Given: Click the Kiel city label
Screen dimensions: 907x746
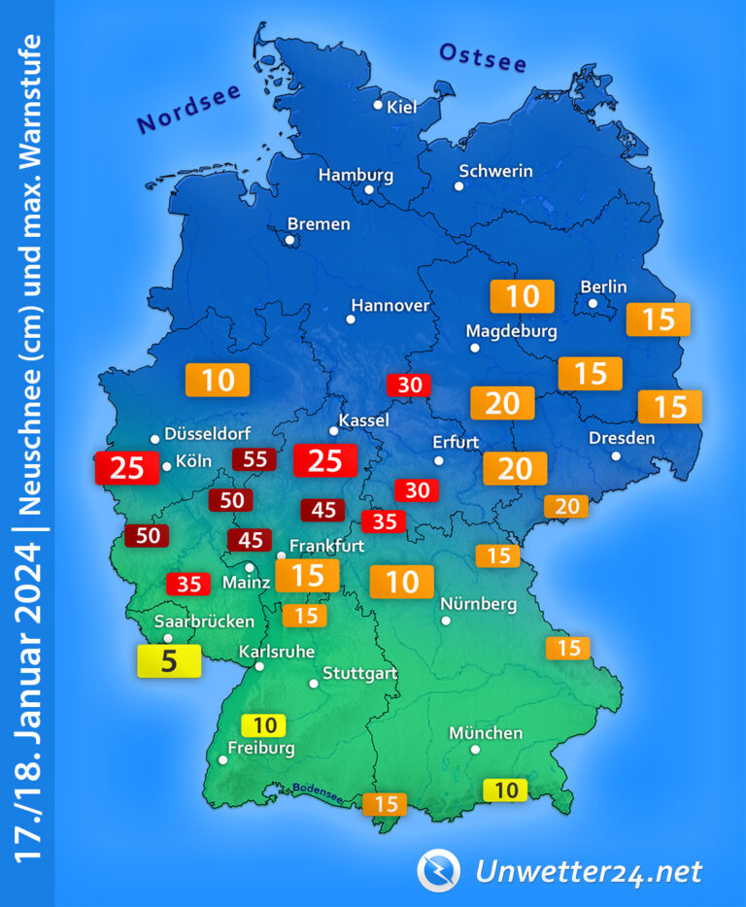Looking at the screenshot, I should tap(401, 107).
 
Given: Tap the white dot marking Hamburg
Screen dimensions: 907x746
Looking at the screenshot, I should tap(369, 190).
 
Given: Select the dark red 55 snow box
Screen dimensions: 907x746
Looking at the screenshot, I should tap(254, 459).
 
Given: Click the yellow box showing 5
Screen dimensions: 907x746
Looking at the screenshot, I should tap(168, 661).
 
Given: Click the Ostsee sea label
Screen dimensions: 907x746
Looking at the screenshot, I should tap(483, 57).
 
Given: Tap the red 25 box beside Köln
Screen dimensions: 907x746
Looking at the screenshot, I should tap(126, 468).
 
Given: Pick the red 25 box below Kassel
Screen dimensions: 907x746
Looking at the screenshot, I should tap(324, 460).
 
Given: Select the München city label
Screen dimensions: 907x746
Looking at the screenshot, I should tap(486, 733).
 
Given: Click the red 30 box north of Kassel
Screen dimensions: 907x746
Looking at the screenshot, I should tap(410, 385).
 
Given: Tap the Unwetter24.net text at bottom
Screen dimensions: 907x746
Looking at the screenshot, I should tap(588, 871).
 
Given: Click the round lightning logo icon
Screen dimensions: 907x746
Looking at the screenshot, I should tap(438, 870).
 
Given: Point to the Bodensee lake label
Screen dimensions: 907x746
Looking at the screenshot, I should tap(318, 792).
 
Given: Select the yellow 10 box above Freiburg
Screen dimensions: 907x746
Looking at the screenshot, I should tap(264, 724).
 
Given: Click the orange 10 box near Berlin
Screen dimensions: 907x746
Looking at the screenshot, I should tap(523, 296).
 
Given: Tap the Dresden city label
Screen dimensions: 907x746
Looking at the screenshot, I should tap(622, 438).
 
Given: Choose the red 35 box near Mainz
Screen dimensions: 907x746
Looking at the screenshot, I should tap(188, 584).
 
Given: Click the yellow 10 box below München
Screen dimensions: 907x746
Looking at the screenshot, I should tap(505, 789).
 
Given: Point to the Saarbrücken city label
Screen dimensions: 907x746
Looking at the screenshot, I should tap(205, 621).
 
